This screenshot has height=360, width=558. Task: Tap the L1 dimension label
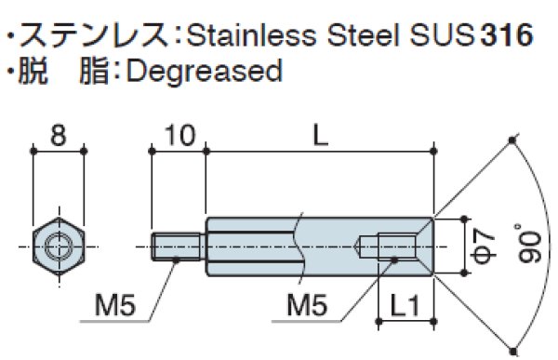(x=406, y=303)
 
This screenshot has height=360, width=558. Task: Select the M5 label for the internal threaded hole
(x=307, y=303)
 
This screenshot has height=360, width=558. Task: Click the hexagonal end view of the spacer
(x=58, y=247)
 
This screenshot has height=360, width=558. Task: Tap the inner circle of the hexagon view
(x=58, y=247)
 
